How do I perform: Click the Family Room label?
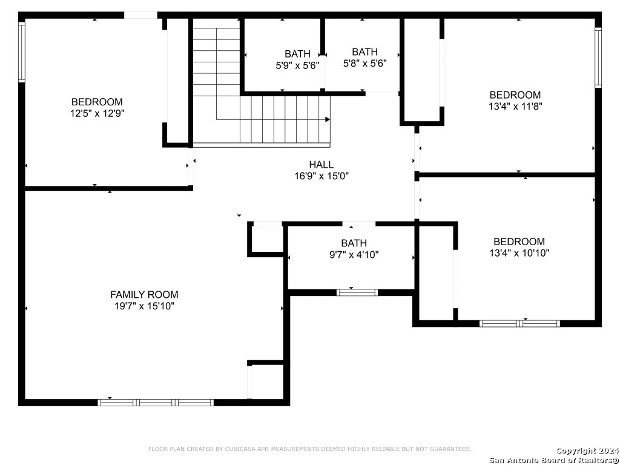click(x=144, y=295)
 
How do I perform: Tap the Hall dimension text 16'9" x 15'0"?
click(x=322, y=176)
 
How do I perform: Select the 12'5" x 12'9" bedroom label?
click(x=97, y=113)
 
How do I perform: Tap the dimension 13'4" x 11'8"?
click(x=515, y=107)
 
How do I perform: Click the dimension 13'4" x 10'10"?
click(x=519, y=253)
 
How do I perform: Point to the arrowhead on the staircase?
click(x=328, y=119)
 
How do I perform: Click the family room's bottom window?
click(x=156, y=403)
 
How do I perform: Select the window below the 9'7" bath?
click(x=357, y=292)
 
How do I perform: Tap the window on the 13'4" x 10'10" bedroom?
click(x=519, y=323)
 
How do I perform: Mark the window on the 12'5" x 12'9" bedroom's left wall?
click(x=22, y=52)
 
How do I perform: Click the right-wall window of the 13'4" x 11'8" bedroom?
click(x=598, y=58)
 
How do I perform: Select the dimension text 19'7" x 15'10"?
click(x=144, y=306)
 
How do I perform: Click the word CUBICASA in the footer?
click(x=237, y=449)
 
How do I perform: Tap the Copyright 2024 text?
click(x=587, y=450)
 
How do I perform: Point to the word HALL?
click(x=321, y=164)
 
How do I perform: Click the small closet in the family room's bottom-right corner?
click(x=267, y=382)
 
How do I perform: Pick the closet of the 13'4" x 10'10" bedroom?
click(x=436, y=273)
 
